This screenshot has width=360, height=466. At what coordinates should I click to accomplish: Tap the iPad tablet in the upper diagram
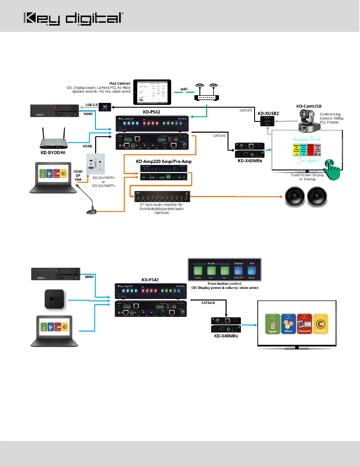coord(152,92)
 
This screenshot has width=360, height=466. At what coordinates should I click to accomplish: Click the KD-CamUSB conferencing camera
coord(309,121)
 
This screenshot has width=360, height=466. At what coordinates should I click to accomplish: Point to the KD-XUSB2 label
coord(268,113)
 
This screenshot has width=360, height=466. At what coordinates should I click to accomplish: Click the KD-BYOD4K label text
coord(53,152)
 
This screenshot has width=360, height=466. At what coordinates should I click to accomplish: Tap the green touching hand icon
coord(332,170)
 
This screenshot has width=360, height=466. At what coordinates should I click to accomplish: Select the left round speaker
coord(295,197)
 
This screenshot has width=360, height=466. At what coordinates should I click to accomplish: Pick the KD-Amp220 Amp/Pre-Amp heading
coord(164,161)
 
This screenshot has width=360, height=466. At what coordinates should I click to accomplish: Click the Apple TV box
coord(54,299)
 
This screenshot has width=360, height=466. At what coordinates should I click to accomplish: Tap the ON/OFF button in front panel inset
coord(238,271)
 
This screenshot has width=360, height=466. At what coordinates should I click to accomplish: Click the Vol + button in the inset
coord(211,271)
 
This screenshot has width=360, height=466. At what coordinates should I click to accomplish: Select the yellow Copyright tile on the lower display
coord(320,324)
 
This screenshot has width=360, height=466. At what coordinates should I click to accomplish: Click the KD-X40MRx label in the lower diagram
coord(226,336)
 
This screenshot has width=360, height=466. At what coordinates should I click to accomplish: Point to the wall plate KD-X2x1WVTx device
coord(96,164)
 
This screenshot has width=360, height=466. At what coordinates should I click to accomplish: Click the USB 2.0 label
coord(91,105)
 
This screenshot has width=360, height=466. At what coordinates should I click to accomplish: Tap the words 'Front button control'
coord(224,284)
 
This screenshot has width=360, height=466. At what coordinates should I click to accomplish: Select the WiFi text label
coord(184,89)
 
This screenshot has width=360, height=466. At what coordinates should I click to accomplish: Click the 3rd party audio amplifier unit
coord(162,197)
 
